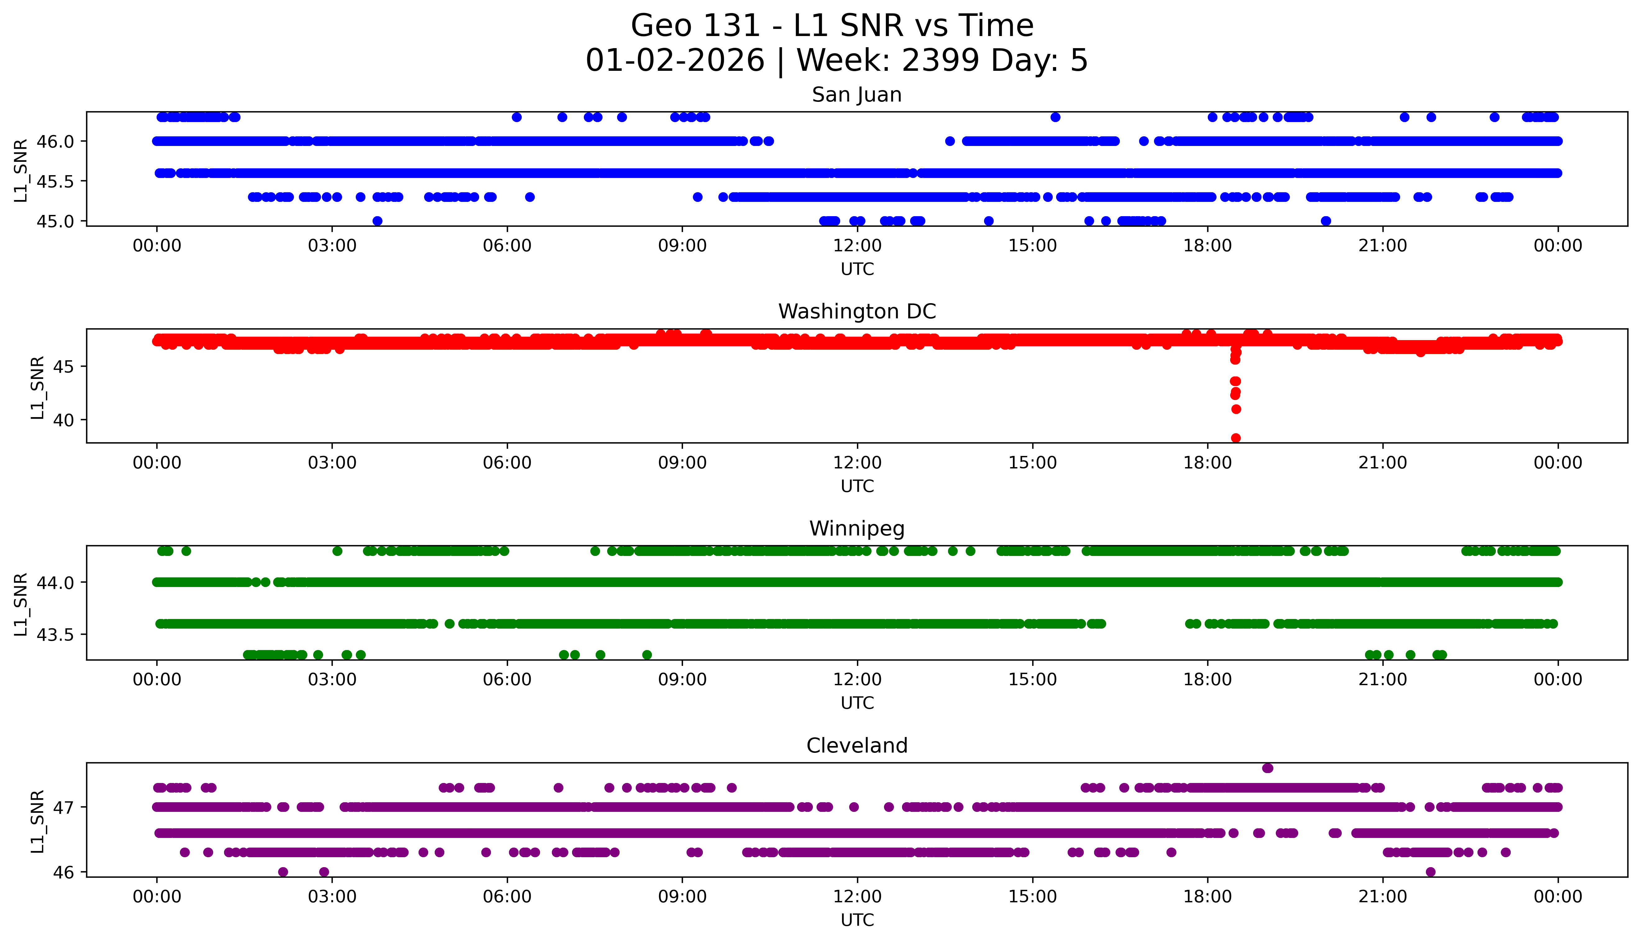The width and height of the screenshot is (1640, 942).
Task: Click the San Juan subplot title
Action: (856, 95)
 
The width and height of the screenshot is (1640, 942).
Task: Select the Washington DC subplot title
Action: (856, 312)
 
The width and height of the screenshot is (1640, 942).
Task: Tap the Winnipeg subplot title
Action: (856, 529)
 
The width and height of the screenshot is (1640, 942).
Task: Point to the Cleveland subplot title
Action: (856, 746)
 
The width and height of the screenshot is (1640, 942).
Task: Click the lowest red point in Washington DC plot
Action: (1235, 438)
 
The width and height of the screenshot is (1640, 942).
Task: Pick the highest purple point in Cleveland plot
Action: (1267, 768)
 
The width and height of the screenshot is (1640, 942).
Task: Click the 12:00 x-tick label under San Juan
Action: (857, 246)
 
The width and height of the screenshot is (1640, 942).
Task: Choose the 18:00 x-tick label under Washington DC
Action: (1207, 462)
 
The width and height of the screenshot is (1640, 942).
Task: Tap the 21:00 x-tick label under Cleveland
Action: (1382, 897)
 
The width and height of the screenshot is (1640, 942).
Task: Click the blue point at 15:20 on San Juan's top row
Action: (1055, 117)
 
